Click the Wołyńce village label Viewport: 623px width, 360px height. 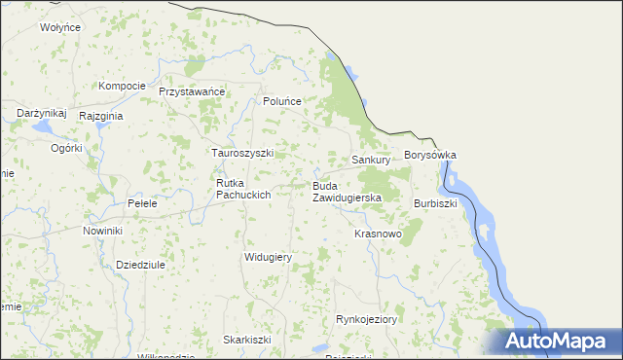pos(59,27)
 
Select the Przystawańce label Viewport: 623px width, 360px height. pos(192,91)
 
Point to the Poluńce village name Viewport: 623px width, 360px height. pos(283,101)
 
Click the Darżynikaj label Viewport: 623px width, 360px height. pos(41,114)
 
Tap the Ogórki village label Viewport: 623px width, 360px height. pos(68,149)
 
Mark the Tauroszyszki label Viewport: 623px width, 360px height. pos(243,153)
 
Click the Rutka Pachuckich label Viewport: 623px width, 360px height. pos(242,189)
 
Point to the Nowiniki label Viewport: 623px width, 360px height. pos(102,231)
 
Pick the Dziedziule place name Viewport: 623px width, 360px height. pos(140,264)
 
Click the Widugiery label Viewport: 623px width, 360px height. pos(268,256)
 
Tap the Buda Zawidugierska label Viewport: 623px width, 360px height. pos(347,191)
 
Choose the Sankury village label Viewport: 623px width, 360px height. pos(371,159)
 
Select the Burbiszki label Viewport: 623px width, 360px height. pos(435,203)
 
